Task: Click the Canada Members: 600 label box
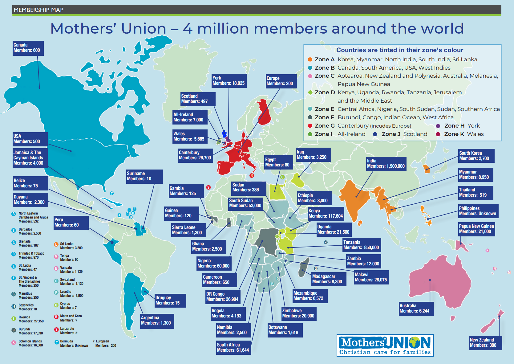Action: pos(28,48)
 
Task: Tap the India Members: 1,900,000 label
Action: pos(386,164)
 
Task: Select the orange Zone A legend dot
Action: pos(310,59)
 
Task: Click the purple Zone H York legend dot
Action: pos(438,126)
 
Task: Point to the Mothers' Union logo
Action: pos(385,345)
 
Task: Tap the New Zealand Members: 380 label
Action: pos(485,343)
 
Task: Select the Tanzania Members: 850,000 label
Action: pos(362,245)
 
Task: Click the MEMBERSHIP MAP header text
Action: pos(38,10)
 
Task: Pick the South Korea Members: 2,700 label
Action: pos(476,156)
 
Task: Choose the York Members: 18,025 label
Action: pos(229,81)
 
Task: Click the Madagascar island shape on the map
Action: pos(304,268)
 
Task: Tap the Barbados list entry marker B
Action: pos(14,230)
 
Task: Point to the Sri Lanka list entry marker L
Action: pos(56,244)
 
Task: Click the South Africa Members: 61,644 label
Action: pos(233,348)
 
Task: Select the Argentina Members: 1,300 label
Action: pos(157,321)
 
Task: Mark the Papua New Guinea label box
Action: pos(476,229)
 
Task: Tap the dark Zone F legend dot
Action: pos(310,117)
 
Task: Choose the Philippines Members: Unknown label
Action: pos(478,211)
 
